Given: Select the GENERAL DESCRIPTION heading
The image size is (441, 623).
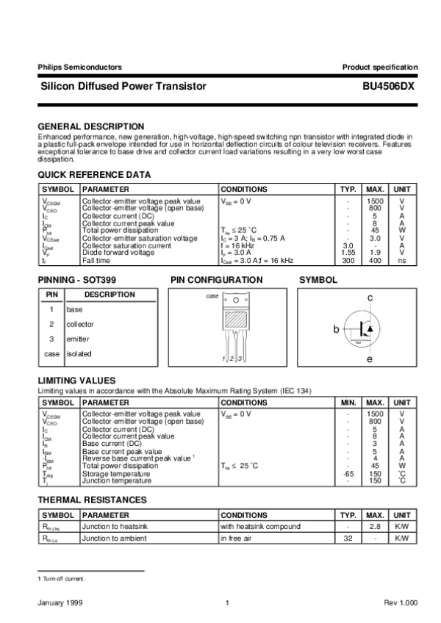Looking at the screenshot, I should pyautogui.click(x=90, y=126).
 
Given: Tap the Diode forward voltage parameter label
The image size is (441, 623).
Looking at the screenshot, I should pyautogui.click(x=118, y=253).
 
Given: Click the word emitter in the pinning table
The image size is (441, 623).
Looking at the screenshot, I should pyautogui.click(x=78, y=339).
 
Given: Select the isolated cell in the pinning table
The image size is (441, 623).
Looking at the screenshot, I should pyautogui.click(x=79, y=353).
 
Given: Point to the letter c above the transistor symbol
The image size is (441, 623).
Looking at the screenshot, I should pyautogui.click(x=370, y=297).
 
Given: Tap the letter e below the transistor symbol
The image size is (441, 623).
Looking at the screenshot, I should pyautogui.click(x=370, y=360).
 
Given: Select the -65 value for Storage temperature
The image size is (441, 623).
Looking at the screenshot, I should pyautogui.click(x=348, y=474).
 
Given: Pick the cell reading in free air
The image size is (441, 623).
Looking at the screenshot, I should pyautogui.click(x=240, y=539).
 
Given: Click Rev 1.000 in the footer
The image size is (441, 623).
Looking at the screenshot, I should pyautogui.click(x=401, y=602).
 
